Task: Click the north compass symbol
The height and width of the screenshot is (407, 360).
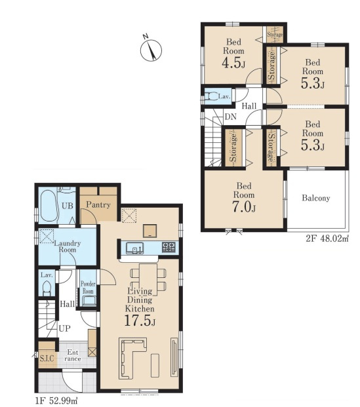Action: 151,50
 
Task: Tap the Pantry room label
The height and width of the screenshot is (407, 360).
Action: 98,204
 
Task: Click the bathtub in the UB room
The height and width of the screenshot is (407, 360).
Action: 49,206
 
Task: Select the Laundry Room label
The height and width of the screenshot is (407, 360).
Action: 68,246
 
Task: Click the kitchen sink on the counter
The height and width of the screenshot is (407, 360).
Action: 135,248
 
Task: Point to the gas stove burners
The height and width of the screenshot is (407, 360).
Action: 169,247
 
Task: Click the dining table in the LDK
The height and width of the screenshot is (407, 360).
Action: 148,279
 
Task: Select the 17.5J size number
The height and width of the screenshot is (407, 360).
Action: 140,320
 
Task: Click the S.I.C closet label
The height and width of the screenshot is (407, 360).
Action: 47,359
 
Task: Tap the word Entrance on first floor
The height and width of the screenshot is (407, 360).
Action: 73,355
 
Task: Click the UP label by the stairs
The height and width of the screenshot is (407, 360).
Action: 65,328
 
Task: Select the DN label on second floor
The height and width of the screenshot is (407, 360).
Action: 230,117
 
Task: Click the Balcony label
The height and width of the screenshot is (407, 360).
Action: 316,199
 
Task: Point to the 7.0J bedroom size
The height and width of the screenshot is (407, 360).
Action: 244,207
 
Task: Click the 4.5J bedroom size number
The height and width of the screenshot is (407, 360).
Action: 233,63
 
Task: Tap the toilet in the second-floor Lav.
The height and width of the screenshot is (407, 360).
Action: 211,96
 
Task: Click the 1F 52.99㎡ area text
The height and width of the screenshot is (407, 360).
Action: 56,400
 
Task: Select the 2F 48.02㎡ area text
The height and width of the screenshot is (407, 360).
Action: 327,239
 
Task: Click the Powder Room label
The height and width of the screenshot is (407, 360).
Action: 88,287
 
